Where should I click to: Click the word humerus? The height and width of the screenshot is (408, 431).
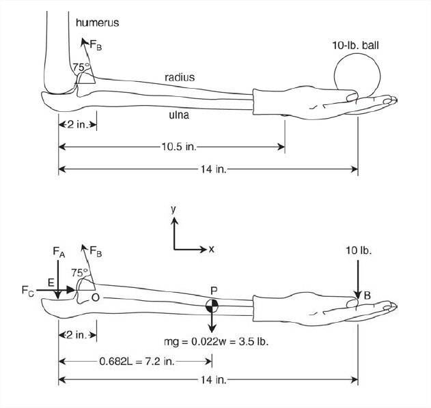(97, 23)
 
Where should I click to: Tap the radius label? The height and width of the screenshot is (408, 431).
(180, 77)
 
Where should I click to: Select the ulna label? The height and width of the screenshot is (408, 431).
(179, 115)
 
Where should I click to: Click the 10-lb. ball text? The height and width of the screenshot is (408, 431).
(355, 45)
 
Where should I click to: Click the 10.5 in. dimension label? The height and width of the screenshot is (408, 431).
(179, 147)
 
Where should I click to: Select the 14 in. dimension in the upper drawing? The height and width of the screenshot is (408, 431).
(213, 169)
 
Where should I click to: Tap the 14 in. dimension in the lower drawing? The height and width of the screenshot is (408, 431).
(213, 380)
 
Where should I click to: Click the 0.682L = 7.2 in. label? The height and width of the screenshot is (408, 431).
(137, 362)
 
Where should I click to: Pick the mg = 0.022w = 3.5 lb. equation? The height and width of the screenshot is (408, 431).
(216, 342)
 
